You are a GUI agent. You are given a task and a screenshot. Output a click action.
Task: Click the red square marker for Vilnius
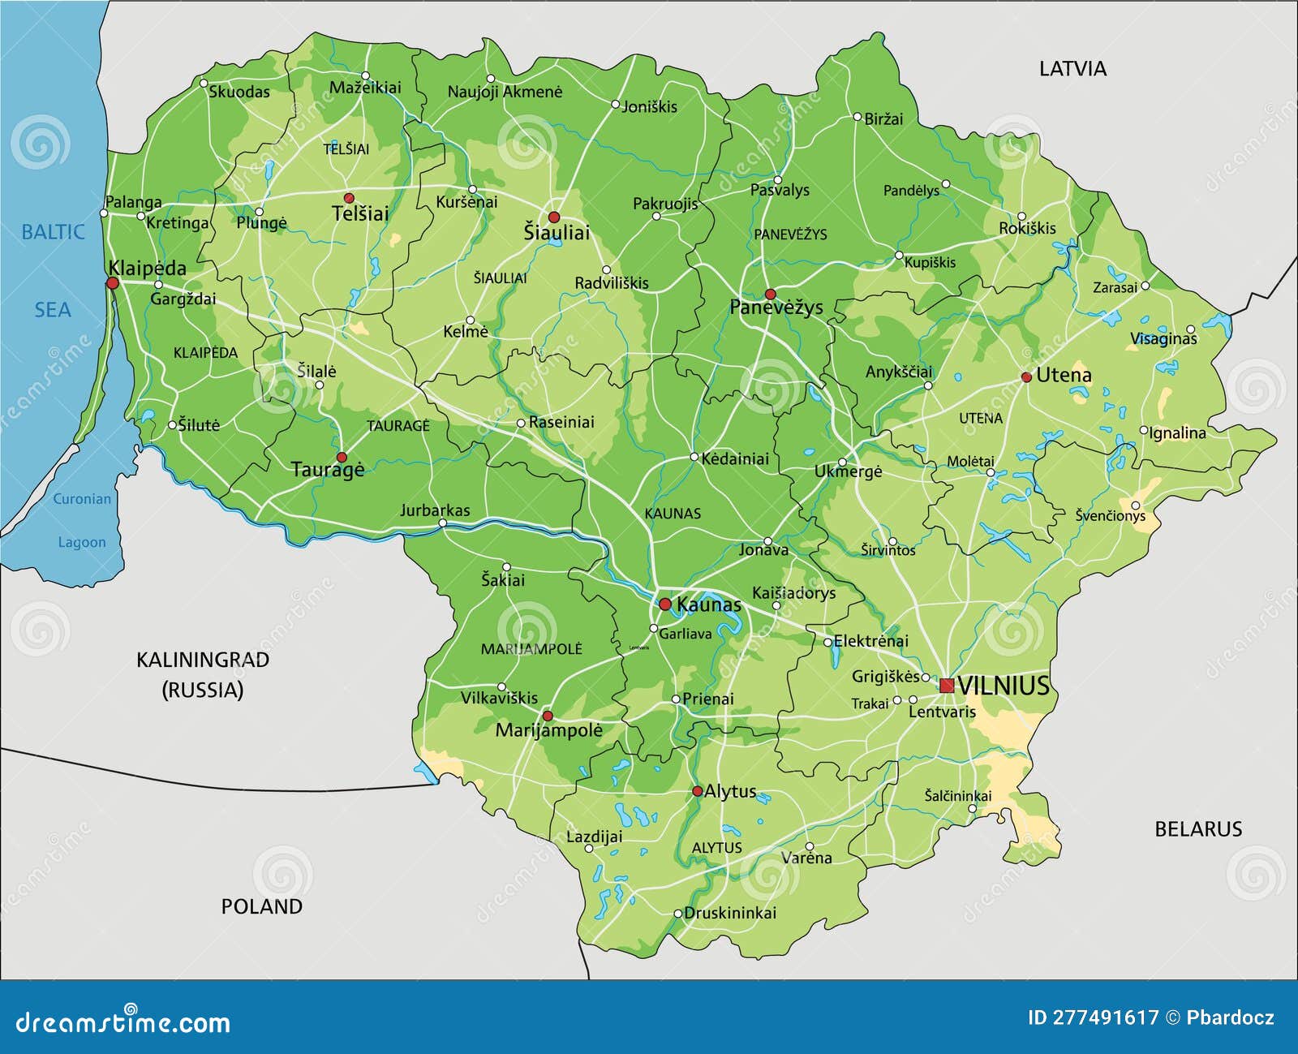(x=947, y=686)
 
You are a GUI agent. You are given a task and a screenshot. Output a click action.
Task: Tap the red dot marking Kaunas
(x=664, y=604)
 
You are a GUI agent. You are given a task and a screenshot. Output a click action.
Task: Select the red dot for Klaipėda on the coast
(x=113, y=283)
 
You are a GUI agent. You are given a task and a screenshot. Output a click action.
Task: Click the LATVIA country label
(x=1072, y=69)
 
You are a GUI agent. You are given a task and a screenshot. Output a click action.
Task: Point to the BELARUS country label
(x=1197, y=828)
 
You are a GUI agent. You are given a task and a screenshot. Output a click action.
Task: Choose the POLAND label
(x=261, y=906)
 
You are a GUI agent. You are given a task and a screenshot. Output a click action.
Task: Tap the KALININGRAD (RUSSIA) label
(x=202, y=674)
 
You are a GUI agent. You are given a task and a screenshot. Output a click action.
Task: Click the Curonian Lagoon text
(x=81, y=520)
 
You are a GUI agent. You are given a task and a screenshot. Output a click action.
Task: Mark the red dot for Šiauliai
(x=554, y=217)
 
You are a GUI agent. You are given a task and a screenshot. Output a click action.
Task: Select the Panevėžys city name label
(x=776, y=308)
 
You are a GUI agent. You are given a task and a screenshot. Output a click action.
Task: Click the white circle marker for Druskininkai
(x=678, y=913)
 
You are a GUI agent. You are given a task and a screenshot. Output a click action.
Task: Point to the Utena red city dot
(x=1026, y=376)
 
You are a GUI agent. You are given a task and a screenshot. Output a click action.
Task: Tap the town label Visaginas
(x=1163, y=338)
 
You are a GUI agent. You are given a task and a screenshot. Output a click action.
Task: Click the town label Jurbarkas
(x=434, y=510)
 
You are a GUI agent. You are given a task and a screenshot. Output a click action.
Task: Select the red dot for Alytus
(x=697, y=790)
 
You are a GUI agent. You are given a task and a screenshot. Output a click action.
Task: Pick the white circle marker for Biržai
(x=857, y=117)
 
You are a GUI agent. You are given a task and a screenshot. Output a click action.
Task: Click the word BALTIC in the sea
(x=53, y=232)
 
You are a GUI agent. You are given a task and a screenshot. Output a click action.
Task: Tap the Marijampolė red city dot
(x=548, y=716)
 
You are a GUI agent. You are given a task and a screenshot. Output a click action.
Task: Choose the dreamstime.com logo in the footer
(x=123, y=1022)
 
